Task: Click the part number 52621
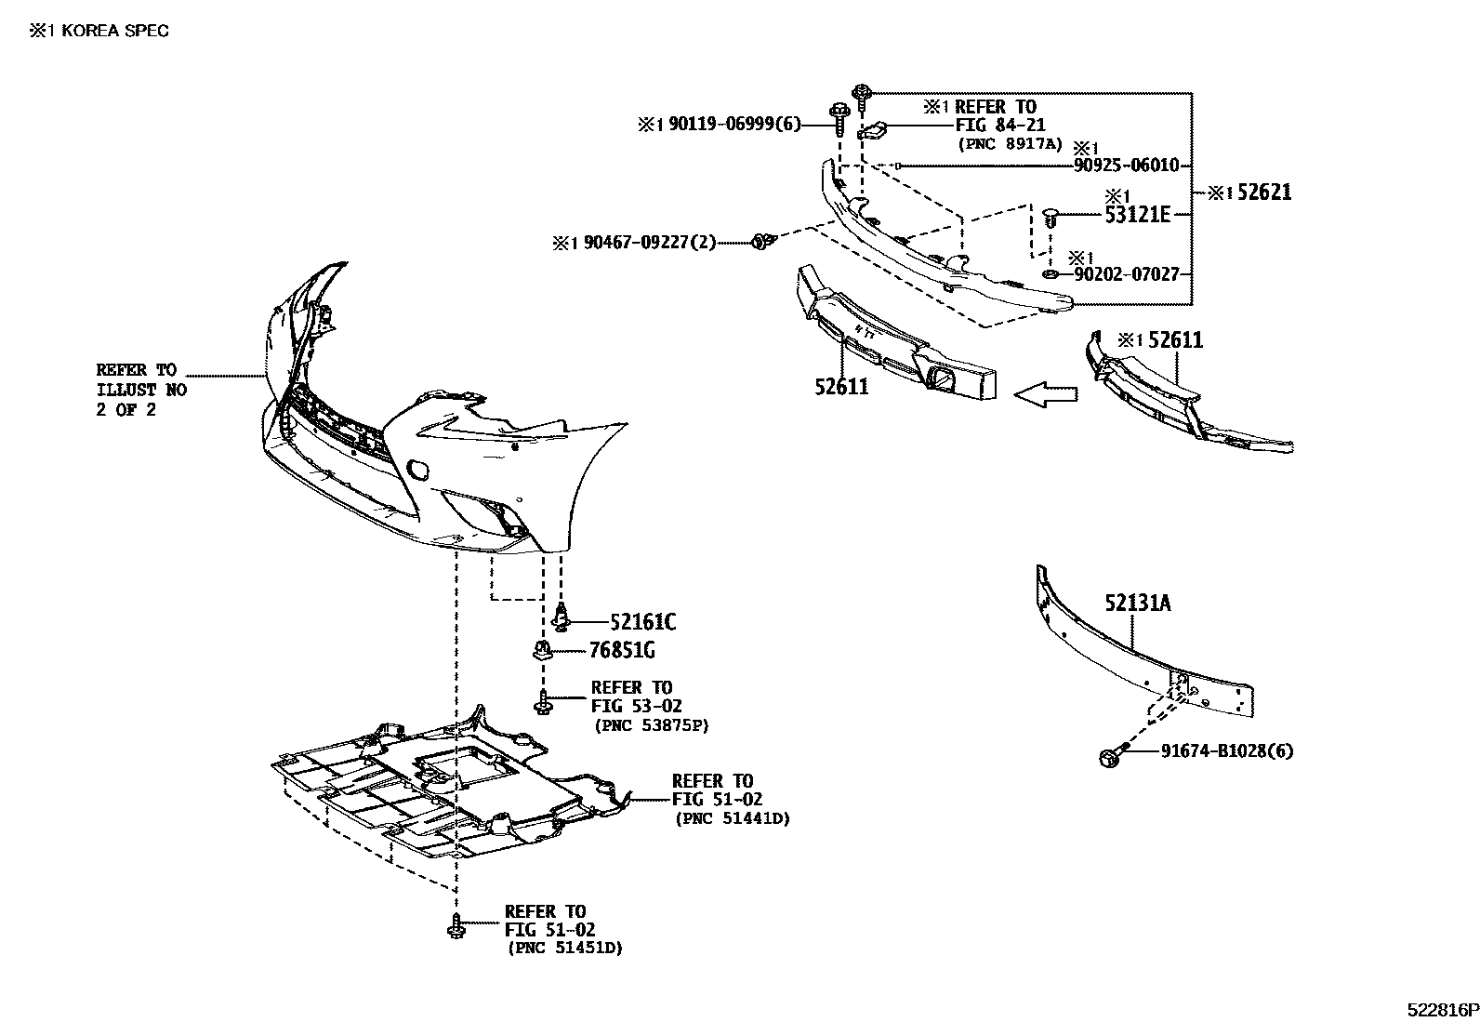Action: pyautogui.click(x=1262, y=192)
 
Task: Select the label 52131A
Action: pyautogui.click(x=1138, y=604)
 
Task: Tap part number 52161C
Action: pyautogui.click(x=643, y=621)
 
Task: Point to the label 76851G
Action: pyautogui.click(x=628, y=650)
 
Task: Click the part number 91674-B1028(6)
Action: pyautogui.click(x=1226, y=751)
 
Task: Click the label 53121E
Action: pyautogui.click(x=1137, y=215)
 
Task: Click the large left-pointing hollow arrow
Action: pyautogui.click(x=1045, y=395)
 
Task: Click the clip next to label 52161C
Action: pyautogui.click(x=562, y=616)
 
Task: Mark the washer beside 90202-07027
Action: pyautogui.click(x=1050, y=275)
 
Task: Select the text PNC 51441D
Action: pyautogui.click(x=733, y=818)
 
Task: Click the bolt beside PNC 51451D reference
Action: pyautogui.click(x=456, y=926)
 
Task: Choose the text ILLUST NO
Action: pyautogui.click(x=141, y=390)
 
